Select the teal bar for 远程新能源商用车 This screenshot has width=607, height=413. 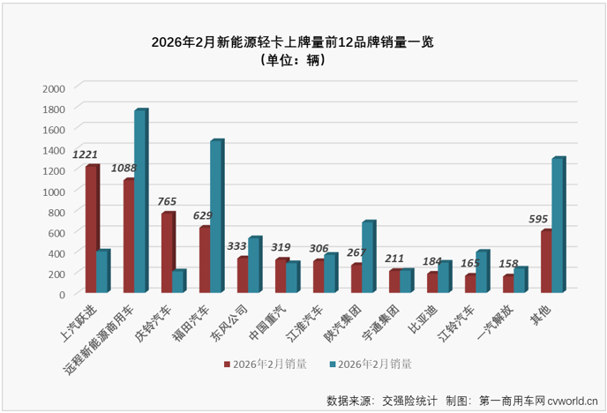[x=139, y=201]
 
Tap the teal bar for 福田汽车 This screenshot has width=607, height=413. [x=215, y=217]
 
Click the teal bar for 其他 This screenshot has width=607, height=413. [x=557, y=226]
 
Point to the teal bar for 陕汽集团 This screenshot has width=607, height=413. [x=367, y=257]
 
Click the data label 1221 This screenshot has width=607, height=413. [x=86, y=154]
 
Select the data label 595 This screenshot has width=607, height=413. [x=538, y=219]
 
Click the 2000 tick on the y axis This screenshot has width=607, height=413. [x=53, y=88]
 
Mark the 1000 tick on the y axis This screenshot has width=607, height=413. [x=53, y=191]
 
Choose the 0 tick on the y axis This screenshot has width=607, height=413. [x=61, y=294]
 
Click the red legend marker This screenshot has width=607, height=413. [x=227, y=364]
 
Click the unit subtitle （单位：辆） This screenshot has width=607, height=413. [x=294, y=61]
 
